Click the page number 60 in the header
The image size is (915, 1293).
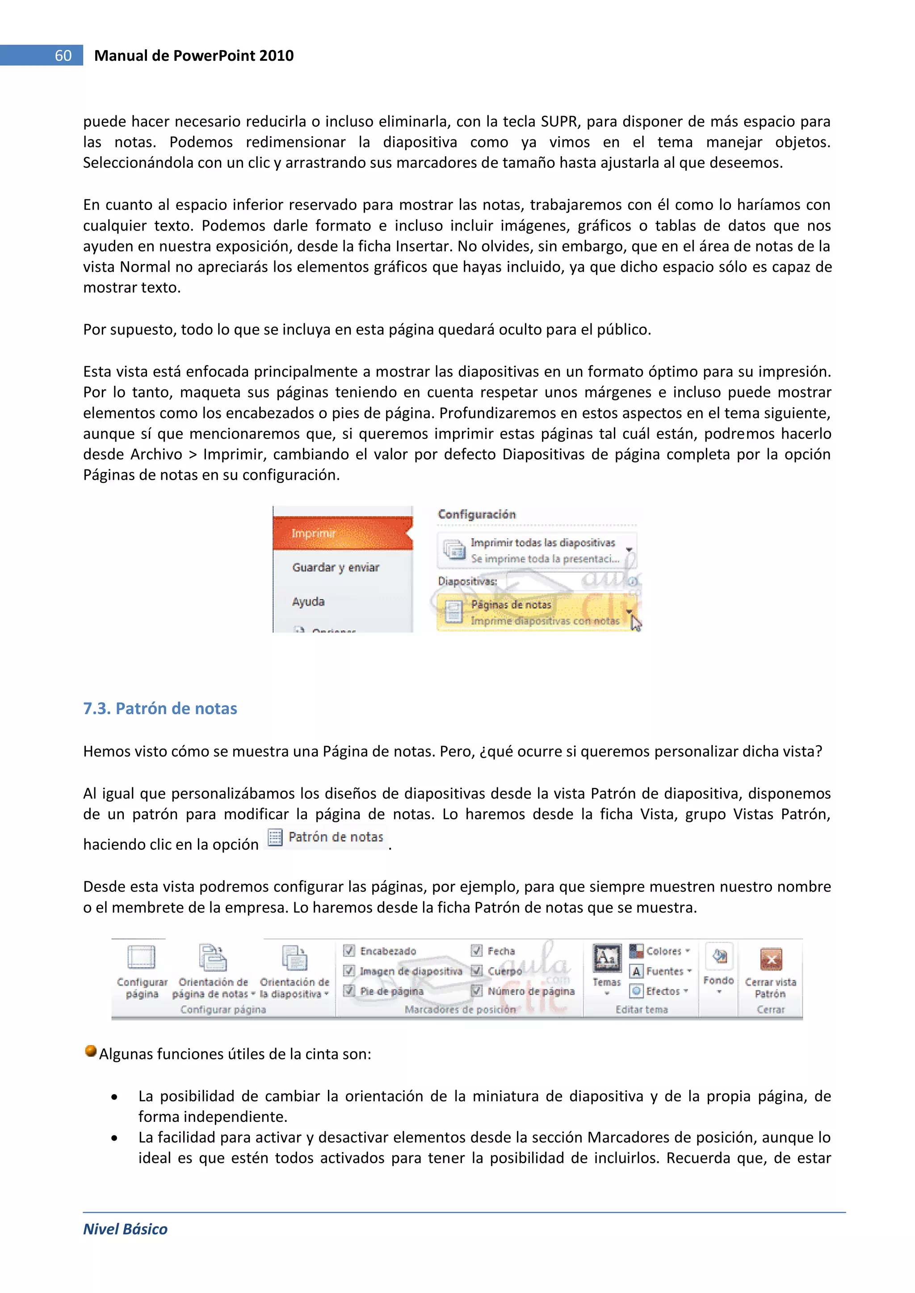click(x=63, y=56)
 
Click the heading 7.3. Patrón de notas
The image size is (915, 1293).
click(x=160, y=708)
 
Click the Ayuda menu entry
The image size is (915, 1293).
click(x=308, y=602)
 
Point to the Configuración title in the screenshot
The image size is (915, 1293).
click(x=477, y=514)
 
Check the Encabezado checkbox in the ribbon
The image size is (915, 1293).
click(x=349, y=950)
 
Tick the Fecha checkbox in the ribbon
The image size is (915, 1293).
click(x=477, y=950)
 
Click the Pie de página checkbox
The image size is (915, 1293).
click(x=349, y=991)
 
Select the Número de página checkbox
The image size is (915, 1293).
click(x=477, y=991)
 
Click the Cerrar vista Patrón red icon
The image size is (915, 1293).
click(x=771, y=959)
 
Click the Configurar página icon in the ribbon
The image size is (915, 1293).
click(x=142, y=958)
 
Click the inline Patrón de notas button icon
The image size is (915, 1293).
click(x=275, y=837)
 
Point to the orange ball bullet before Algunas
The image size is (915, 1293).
click(x=90, y=1051)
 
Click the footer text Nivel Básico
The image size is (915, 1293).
click(x=125, y=1229)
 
